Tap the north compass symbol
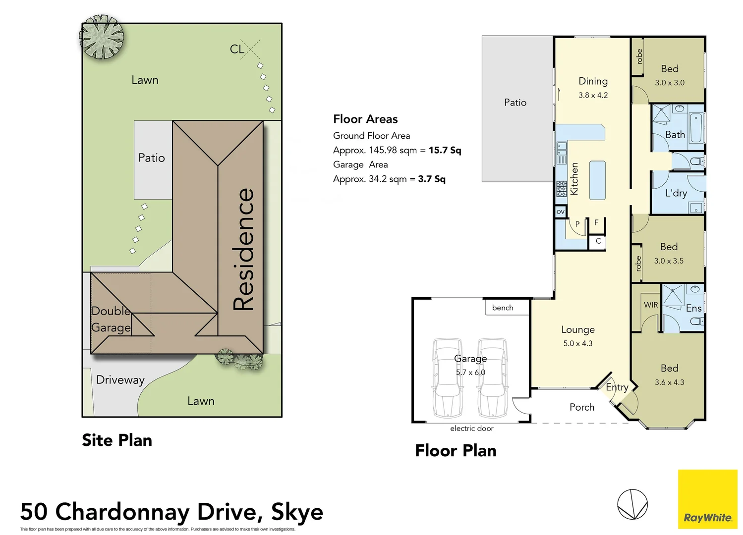click(x=632, y=504)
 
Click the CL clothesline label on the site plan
click(x=237, y=49)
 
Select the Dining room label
click(x=593, y=81)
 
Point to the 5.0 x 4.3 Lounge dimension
click(x=577, y=343)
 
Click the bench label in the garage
click(x=502, y=308)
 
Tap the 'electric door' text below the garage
click(x=471, y=428)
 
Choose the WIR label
click(x=651, y=305)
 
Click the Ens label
click(x=693, y=308)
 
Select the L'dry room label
click(x=676, y=193)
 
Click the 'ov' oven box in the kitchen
click(x=560, y=212)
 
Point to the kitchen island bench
click(x=597, y=180)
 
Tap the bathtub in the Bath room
click(x=696, y=128)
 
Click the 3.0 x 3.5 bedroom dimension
click(x=669, y=261)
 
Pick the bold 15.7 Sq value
click(x=445, y=150)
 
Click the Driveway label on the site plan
click(x=120, y=380)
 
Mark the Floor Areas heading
click(x=365, y=119)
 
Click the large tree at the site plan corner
click(x=102, y=37)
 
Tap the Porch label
click(x=581, y=407)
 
